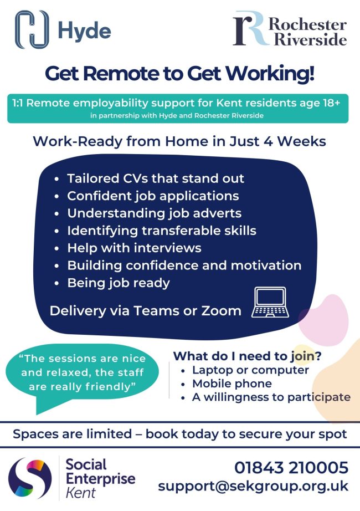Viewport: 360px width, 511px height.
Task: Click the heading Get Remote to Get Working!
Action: pyautogui.click(x=179, y=73)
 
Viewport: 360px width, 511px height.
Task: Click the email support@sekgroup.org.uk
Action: pyautogui.click(x=253, y=487)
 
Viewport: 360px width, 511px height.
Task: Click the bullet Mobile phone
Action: pyautogui.click(x=232, y=384)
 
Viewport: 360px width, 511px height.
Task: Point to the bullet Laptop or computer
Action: pyautogui.click(x=250, y=370)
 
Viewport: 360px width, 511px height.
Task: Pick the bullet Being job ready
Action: pyautogui.click(x=118, y=282)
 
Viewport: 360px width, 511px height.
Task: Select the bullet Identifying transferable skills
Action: pyautogui.click(x=161, y=230)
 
